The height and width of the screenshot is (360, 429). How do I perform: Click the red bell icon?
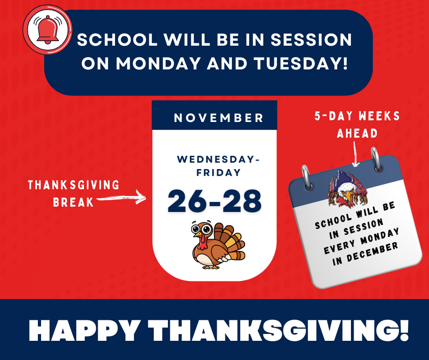pos(47,30)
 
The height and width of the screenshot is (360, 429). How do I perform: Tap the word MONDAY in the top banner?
pos(158,64)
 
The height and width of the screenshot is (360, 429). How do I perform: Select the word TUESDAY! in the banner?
pos(301,64)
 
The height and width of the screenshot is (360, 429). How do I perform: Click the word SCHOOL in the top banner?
pos(117,40)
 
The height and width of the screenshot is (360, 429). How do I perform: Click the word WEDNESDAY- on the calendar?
pos(218,159)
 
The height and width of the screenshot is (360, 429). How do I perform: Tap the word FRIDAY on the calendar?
pos(218,172)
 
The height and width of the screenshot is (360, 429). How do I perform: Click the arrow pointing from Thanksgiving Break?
pos(121,197)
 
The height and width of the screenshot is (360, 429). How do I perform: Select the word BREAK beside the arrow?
pos(73,202)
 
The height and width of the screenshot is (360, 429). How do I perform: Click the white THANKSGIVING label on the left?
pos(73,185)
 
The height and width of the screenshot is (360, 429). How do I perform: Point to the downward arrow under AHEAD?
pos(355,154)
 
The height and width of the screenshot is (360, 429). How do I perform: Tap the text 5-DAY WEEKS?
pos(357,116)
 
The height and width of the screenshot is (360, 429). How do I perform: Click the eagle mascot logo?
pos(347,189)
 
